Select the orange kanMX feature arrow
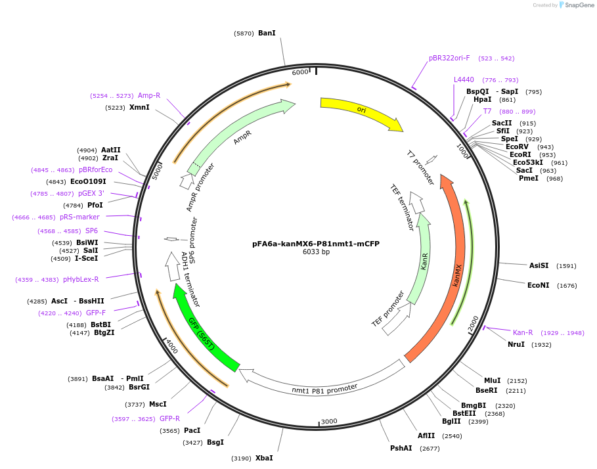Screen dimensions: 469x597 456,263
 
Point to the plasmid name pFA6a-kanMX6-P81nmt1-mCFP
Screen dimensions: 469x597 316,243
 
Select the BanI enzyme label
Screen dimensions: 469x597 267,33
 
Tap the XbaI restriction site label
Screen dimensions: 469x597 264,458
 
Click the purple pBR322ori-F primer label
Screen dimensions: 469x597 449,58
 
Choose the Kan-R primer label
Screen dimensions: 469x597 523,332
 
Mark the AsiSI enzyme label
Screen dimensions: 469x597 539,265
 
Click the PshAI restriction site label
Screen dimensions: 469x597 401,448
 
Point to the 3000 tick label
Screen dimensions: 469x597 328,421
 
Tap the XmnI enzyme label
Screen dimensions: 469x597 139,107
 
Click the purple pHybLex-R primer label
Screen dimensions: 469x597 81,279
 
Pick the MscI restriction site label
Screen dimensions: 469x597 158,404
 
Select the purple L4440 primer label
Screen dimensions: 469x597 464,79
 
